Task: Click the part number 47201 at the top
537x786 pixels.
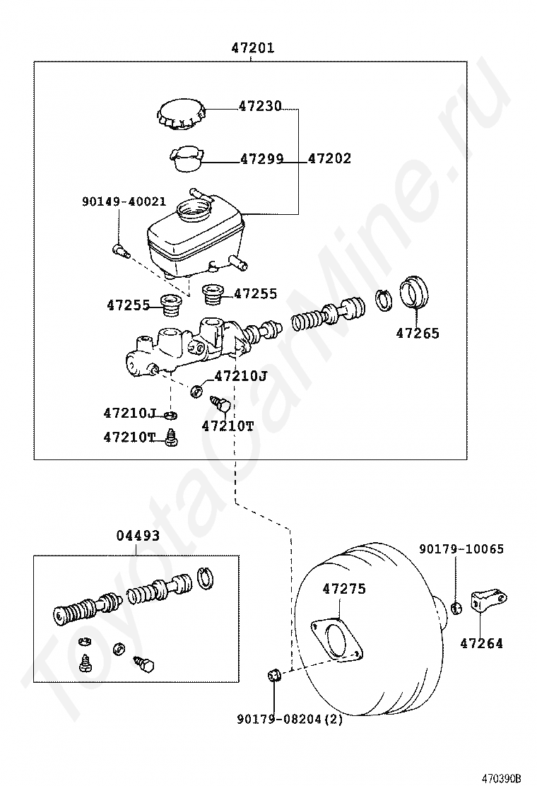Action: click(252, 48)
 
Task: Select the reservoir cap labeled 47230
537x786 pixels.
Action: click(182, 115)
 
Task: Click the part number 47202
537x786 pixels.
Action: click(329, 159)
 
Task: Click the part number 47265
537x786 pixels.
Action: click(417, 334)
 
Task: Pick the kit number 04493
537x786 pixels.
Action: click(137, 536)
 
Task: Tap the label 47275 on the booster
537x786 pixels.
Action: click(345, 588)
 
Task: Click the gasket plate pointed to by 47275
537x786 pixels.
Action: click(337, 640)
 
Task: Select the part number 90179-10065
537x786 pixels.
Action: click(461, 549)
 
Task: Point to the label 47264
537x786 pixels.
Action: click(481, 643)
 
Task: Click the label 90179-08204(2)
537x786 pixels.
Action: click(291, 720)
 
